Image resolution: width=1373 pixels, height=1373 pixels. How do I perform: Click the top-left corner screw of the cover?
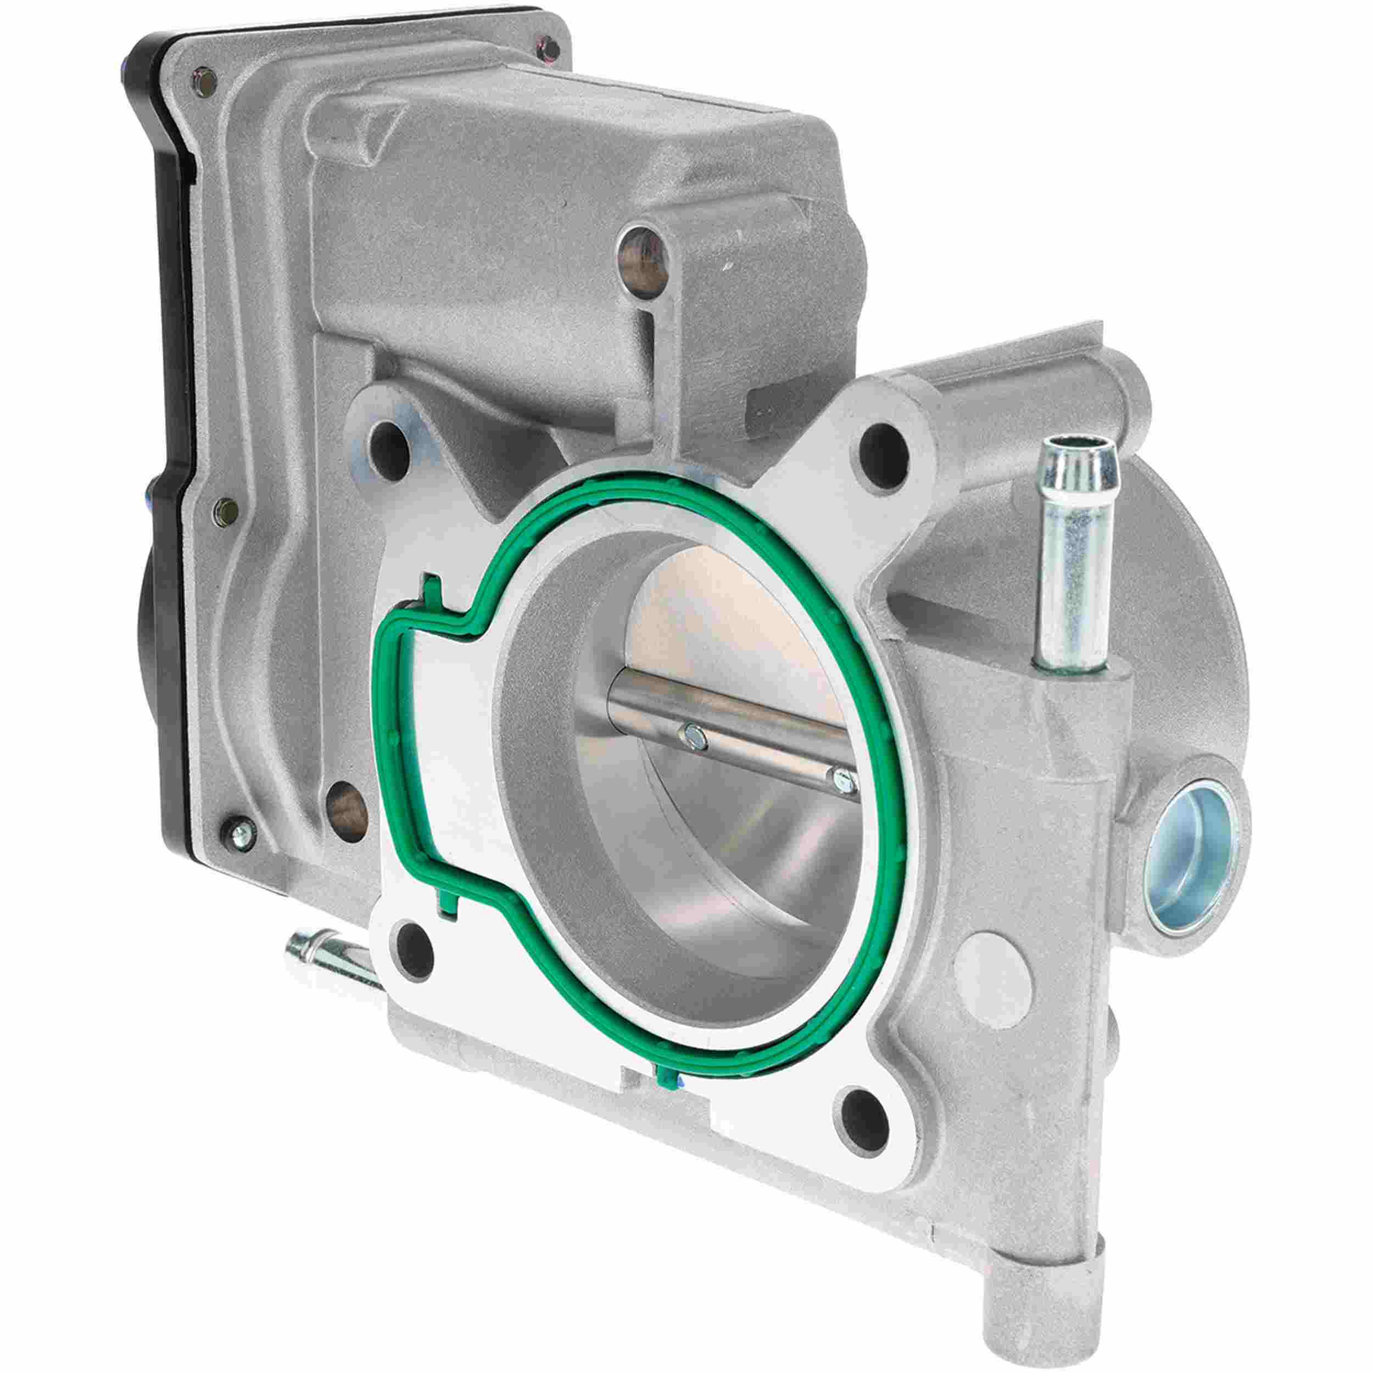click(x=201, y=77)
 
